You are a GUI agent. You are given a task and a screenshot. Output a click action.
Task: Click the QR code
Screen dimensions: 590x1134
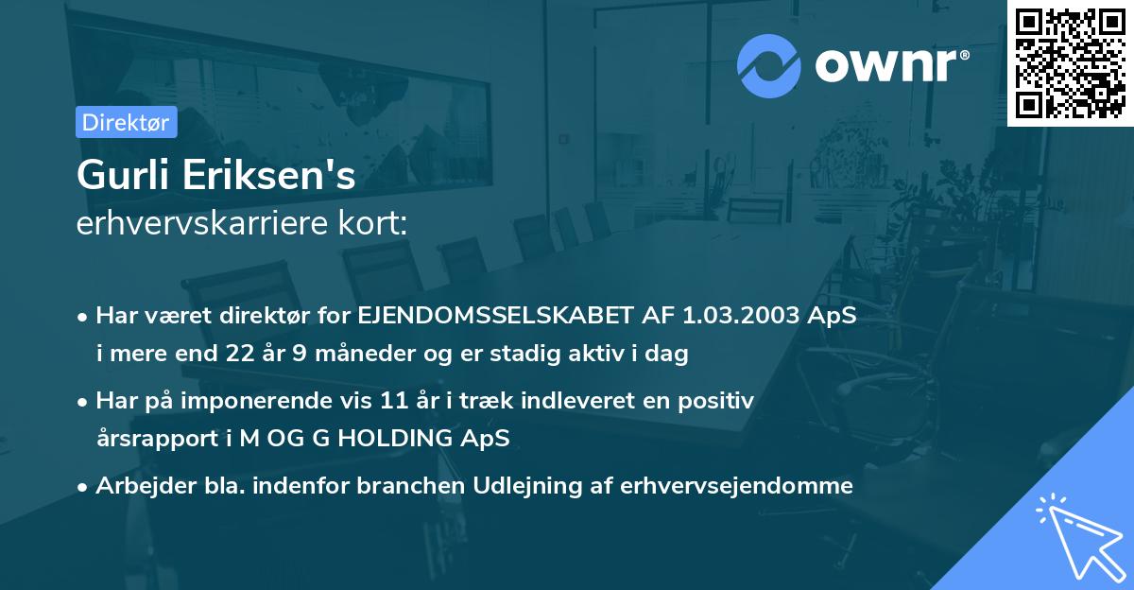1071,63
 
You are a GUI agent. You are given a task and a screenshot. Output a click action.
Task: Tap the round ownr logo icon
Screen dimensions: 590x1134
769,65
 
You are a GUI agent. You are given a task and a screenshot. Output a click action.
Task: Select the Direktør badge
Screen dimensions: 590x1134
126,122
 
